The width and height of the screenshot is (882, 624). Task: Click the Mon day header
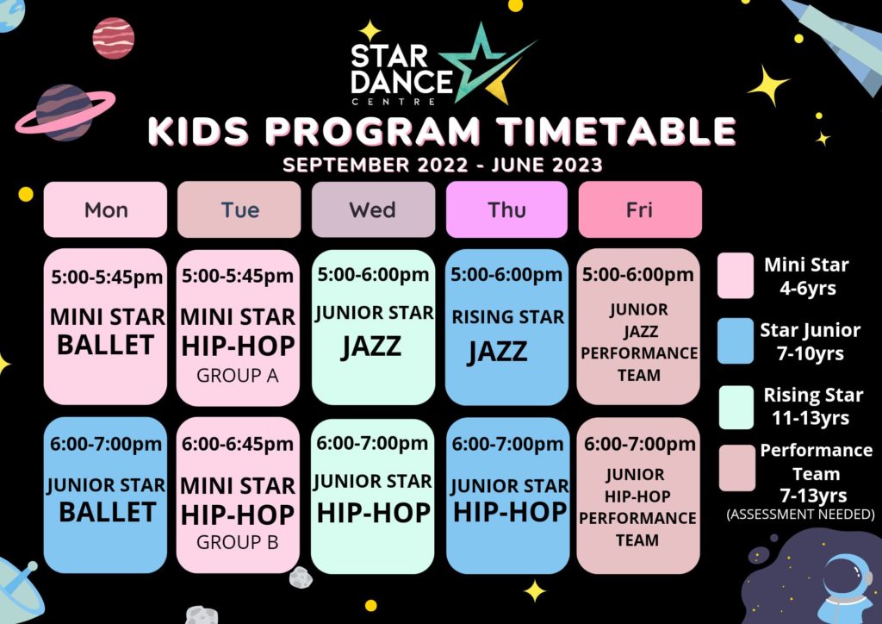click(x=105, y=209)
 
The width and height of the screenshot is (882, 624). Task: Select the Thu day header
click(x=506, y=209)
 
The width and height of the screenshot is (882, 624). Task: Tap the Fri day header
click(x=640, y=209)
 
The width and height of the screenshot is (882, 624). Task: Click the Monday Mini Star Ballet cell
click(x=105, y=327)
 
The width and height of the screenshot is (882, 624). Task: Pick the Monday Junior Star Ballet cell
click(x=105, y=495)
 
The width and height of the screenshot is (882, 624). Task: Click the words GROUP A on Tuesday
click(x=238, y=375)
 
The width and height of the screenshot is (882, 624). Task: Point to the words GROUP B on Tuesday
click(x=238, y=542)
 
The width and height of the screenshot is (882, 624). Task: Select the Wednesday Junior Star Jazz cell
click(x=373, y=327)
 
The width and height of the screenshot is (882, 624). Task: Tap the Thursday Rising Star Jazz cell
click(x=506, y=327)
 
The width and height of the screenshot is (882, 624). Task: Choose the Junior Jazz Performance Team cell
click(x=638, y=327)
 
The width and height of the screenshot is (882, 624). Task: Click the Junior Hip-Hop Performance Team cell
click(x=638, y=496)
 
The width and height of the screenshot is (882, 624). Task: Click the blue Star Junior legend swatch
click(x=736, y=341)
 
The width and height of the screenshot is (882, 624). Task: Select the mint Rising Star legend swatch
click(x=736, y=408)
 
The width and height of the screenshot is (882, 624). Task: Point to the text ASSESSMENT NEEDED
click(x=800, y=515)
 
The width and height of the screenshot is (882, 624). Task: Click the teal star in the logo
click(x=481, y=61)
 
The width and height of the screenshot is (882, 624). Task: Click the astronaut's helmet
click(x=848, y=577)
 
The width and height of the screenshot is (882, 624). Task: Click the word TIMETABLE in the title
click(x=617, y=131)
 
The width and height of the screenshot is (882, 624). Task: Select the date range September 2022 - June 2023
click(x=442, y=165)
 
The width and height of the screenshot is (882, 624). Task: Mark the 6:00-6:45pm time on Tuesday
click(x=238, y=444)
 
